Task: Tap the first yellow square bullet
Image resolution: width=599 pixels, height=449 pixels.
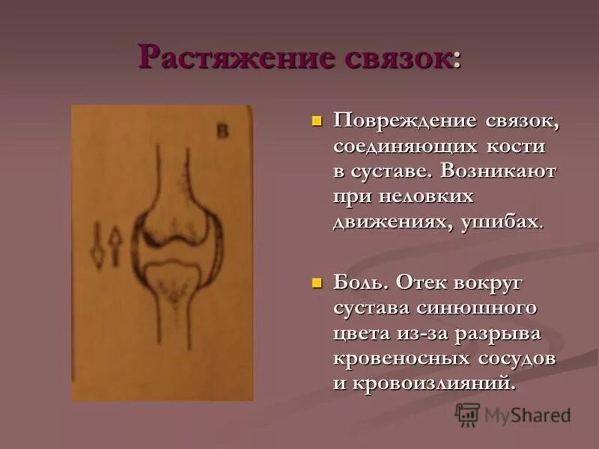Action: click(x=316, y=120)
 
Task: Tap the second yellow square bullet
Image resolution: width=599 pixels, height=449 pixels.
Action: click(x=316, y=284)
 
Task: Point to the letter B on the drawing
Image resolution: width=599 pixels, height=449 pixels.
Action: click(x=222, y=132)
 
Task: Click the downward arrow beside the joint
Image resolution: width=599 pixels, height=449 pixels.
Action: click(x=97, y=246)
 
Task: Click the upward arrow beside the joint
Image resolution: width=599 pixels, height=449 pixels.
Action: click(x=115, y=246)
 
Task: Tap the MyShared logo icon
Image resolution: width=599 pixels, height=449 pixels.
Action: click(x=467, y=415)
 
